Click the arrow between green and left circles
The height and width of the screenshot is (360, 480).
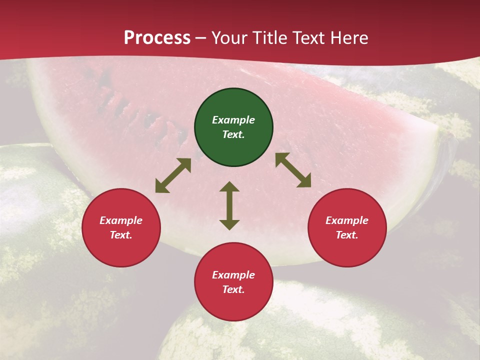[x=173, y=175]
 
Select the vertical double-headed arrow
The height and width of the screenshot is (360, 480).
[x=229, y=205]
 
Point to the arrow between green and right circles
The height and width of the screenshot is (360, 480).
[x=293, y=170]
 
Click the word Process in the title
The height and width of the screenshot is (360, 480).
[x=157, y=38]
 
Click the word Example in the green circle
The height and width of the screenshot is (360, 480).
[x=233, y=120]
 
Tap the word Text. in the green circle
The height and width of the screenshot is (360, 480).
[x=233, y=134]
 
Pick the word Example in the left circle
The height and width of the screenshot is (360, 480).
[x=121, y=220]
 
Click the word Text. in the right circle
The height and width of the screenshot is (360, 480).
[x=347, y=235]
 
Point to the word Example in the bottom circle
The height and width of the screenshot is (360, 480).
[x=233, y=275]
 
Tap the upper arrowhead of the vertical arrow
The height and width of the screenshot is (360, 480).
[x=229, y=187]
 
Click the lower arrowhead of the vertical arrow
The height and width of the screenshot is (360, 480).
[x=229, y=224]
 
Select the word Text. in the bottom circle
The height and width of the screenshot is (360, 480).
[x=233, y=289]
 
